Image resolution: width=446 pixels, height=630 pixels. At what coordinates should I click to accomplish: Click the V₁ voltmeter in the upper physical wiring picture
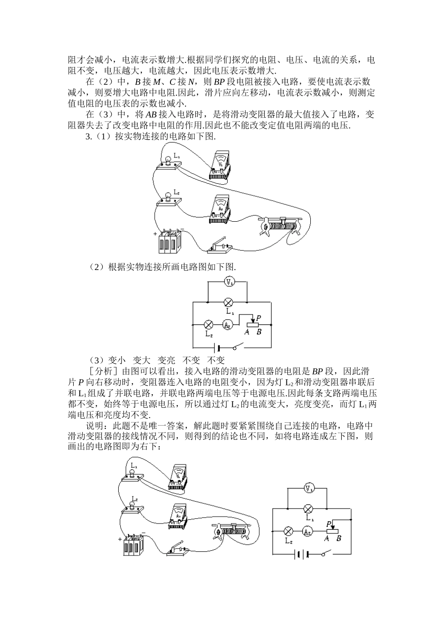(220, 165)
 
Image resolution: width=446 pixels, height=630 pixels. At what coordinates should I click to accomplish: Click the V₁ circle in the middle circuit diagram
(229, 282)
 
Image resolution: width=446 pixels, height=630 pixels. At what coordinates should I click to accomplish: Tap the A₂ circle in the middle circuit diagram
(227, 324)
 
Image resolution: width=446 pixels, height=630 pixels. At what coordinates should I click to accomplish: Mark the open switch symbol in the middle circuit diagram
(238, 347)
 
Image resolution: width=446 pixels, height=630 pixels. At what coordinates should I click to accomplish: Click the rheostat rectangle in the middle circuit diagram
(253, 324)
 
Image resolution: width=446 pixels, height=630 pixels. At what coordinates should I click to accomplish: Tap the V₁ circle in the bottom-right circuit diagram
(308, 489)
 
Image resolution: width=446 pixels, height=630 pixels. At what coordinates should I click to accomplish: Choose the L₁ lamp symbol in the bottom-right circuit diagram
(308, 509)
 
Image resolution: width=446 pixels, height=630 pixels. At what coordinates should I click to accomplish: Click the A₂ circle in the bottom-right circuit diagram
(307, 531)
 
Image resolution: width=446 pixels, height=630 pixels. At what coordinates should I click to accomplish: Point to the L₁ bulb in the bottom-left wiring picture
(133, 475)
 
